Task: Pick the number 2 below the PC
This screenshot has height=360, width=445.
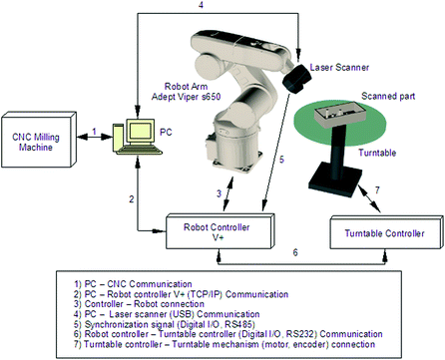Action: (131, 200)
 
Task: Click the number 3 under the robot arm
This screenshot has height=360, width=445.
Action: (204, 191)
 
